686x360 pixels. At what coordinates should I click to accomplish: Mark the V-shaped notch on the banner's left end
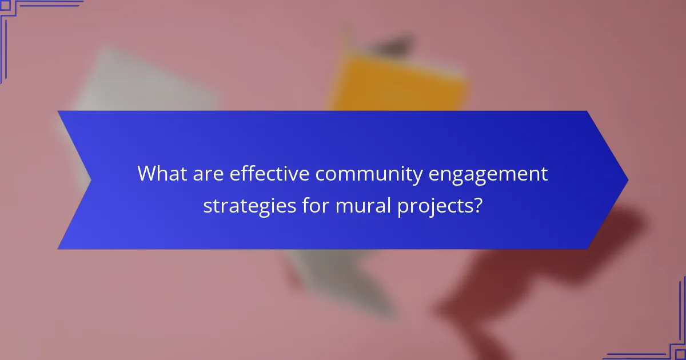coord(90,180)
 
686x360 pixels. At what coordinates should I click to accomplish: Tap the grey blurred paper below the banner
coord(343,280)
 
